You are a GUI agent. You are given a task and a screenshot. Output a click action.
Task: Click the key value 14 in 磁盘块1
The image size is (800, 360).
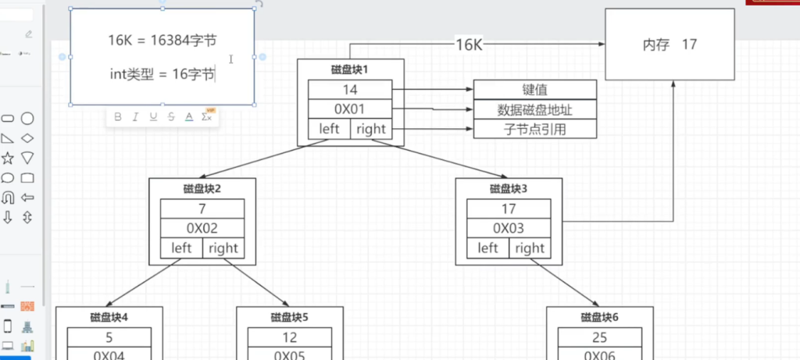point(349,90)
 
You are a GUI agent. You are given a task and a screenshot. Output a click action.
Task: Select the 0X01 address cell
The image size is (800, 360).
point(349,109)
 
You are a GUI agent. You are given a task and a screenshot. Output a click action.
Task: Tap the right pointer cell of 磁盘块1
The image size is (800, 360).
point(370,129)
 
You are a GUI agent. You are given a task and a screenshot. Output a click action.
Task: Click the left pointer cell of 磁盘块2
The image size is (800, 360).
point(181,248)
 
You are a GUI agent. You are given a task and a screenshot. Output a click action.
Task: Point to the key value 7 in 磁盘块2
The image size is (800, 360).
point(202,209)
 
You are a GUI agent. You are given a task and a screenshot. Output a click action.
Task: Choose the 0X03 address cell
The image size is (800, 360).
point(509,228)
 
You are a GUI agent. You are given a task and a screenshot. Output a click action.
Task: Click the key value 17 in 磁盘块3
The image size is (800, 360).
point(509,209)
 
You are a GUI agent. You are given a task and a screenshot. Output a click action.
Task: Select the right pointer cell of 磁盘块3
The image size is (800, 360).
point(530,248)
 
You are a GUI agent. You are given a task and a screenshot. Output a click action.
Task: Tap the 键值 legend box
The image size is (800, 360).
point(535,90)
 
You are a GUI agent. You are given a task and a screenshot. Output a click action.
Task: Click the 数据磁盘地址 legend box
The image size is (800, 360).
point(535,109)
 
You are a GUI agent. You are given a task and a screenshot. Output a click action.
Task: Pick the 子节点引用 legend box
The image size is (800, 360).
point(535,130)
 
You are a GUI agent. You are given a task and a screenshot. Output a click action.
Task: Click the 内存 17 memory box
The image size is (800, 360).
point(670,45)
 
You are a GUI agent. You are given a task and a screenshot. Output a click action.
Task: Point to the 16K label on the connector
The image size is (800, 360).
point(469,45)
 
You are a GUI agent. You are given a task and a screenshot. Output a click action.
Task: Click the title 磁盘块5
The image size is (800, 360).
point(290,317)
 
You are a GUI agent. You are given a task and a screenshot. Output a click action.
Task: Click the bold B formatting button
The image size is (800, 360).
point(118,117)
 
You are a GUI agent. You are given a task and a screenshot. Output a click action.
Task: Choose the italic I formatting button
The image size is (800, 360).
point(135,117)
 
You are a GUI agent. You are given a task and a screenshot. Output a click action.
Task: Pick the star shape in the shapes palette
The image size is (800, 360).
point(8,158)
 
